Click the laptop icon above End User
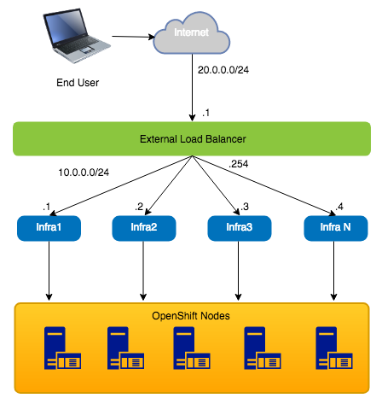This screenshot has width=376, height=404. [x=76, y=36]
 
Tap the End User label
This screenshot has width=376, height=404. [x=78, y=83]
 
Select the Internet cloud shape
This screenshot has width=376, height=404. [x=191, y=33]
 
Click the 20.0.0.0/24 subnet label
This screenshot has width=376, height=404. [x=223, y=70]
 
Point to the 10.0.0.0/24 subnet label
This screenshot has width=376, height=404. [x=84, y=173]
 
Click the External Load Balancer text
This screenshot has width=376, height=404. [x=193, y=139]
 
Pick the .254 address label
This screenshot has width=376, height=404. [x=239, y=164]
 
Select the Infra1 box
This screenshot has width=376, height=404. [x=49, y=228]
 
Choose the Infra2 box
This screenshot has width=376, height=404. [x=144, y=228]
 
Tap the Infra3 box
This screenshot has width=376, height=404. [x=240, y=228]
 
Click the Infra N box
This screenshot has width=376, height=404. [x=336, y=228]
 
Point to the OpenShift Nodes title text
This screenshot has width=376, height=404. [x=191, y=316]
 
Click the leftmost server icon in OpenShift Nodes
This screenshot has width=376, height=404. [x=62, y=348]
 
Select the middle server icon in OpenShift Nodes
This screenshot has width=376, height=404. [x=192, y=348]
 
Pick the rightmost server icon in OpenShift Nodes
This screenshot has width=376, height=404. [x=334, y=348]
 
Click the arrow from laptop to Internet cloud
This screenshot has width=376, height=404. [x=133, y=37]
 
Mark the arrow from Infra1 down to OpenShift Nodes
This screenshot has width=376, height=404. [x=49, y=271]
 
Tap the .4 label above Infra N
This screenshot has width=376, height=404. [x=339, y=207]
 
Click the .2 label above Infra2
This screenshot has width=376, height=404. [x=139, y=207]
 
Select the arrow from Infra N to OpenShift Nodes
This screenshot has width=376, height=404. [x=333, y=271]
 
